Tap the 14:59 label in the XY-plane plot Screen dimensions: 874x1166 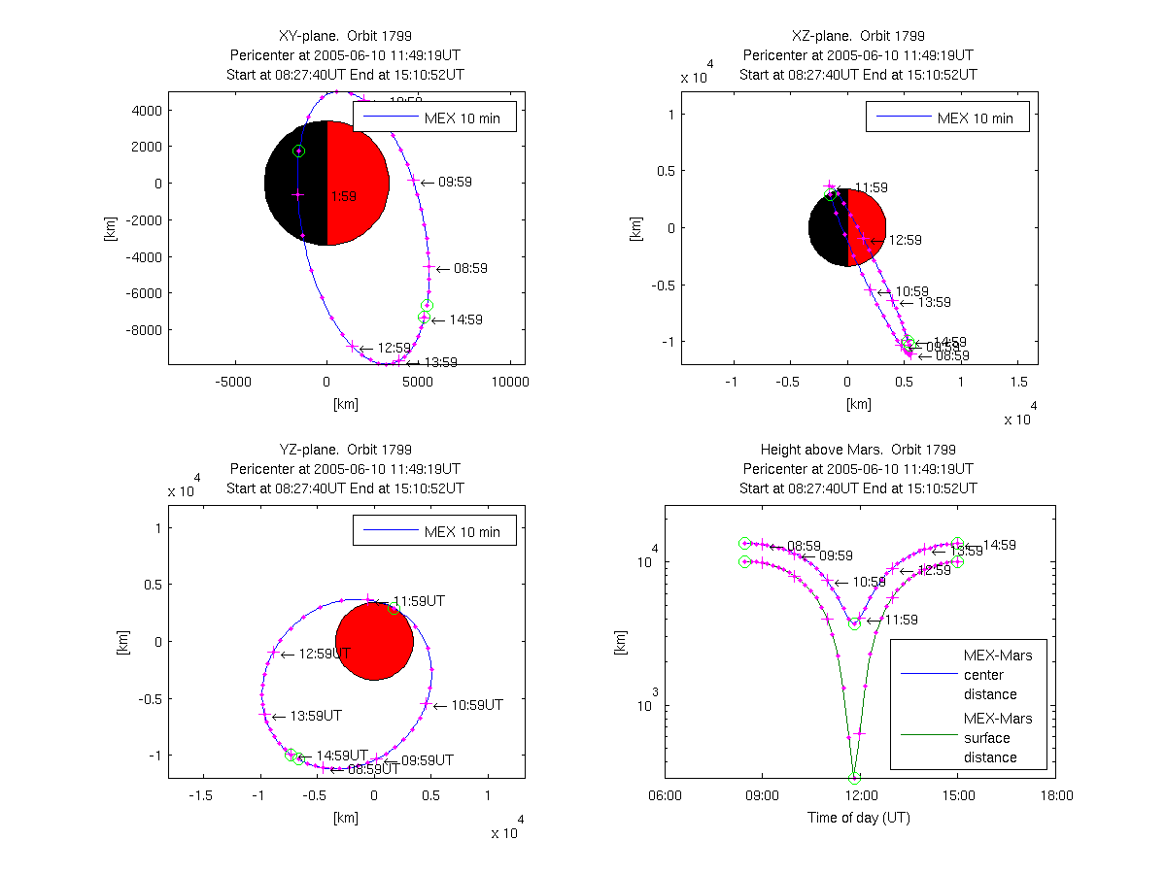click(465, 319)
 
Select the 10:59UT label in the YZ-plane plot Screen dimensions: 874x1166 click(476, 704)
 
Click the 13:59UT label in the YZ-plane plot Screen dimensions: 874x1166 click(316, 716)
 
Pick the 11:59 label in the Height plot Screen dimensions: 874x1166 click(900, 620)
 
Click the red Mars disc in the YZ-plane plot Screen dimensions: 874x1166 click(374, 641)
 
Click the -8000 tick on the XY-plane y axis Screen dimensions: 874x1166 click(142, 330)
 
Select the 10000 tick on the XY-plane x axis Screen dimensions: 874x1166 click(510, 382)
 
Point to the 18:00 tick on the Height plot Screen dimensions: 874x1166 click(1056, 795)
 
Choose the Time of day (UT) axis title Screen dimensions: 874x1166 click(859, 818)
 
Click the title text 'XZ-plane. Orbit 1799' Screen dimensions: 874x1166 click(859, 36)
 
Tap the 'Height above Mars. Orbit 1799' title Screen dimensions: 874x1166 click(859, 450)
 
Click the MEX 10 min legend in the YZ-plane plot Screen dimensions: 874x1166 click(433, 531)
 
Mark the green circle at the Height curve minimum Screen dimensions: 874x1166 click(855, 778)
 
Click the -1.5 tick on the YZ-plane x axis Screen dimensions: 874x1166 click(202, 795)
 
